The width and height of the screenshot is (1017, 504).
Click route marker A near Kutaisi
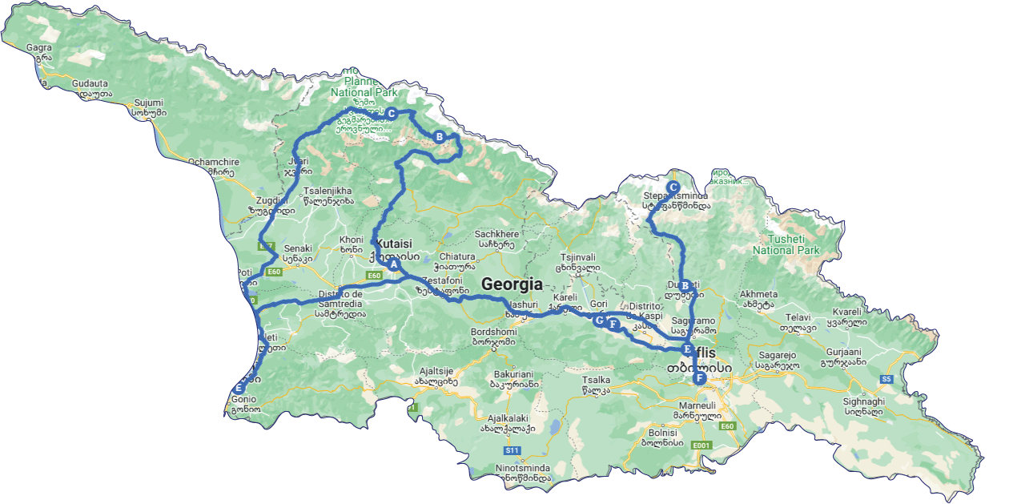pos(393,264)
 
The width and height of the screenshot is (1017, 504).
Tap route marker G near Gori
pos(599,320)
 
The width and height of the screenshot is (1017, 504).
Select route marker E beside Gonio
pos(238,389)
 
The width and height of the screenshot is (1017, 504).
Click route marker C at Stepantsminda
pos(673,186)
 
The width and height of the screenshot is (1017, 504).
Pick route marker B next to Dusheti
pos(685,285)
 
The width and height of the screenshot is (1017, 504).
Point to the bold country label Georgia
pos(512,284)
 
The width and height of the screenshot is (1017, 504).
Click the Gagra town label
pos(38,47)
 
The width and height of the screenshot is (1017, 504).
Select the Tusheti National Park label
pos(786,244)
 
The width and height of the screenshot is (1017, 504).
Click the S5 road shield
pos(886,378)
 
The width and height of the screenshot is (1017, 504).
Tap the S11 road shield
pos(513,450)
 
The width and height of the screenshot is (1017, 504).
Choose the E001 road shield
pos(701,446)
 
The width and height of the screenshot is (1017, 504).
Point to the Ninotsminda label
pos(523,467)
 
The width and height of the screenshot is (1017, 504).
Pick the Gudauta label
pos(90,83)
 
